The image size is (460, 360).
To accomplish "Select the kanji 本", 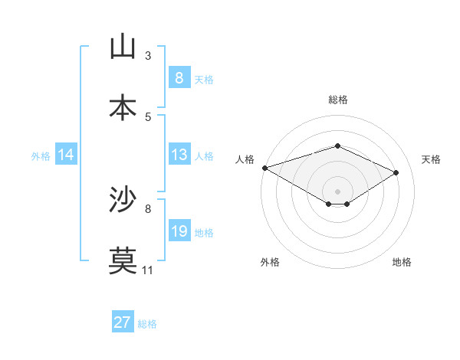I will [x=123, y=107].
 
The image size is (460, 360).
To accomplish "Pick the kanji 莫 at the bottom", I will [x=123, y=260].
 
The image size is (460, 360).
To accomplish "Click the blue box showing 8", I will [x=179, y=78].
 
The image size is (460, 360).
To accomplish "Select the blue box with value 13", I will [x=179, y=155].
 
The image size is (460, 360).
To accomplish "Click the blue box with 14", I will [x=66, y=155].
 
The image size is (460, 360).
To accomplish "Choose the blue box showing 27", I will [x=122, y=322].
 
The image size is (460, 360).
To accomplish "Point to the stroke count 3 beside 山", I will [x=148, y=56].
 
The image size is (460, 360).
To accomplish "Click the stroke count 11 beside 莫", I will [x=148, y=270].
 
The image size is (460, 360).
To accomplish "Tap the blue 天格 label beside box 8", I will [x=203, y=79].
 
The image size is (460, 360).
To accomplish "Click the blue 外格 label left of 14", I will [x=41, y=156].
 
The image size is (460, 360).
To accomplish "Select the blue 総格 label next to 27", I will [x=147, y=323].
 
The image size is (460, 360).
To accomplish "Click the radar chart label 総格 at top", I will [x=337, y=100].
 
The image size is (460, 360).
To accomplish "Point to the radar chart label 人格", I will [x=245, y=159].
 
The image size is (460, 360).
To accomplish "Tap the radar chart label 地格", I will [x=402, y=262].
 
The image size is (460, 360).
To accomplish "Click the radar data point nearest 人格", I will [x=264, y=168].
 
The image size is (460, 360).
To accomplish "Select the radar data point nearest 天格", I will [x=396, y=172].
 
